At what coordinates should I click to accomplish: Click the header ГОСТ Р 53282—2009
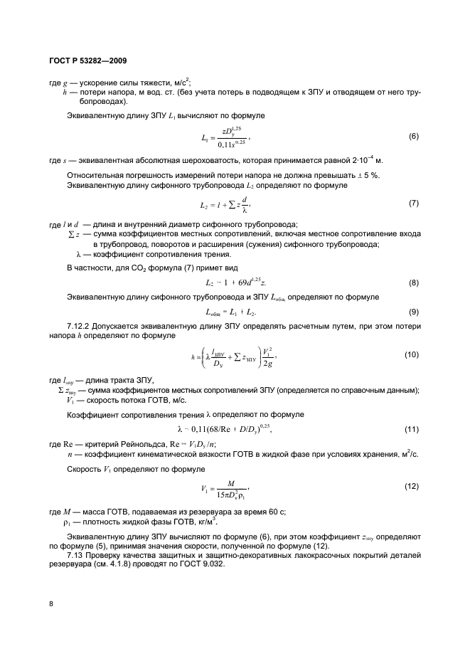87,60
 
